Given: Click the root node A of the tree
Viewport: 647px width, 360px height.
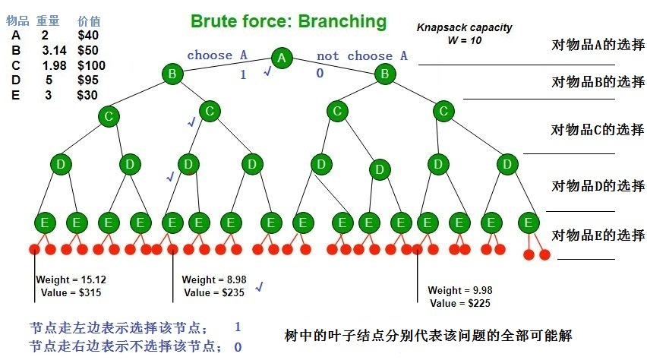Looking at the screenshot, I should [282, 58].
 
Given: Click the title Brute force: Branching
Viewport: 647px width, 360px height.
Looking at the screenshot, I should [288, 21].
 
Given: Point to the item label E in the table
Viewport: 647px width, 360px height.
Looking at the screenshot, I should [16, 95].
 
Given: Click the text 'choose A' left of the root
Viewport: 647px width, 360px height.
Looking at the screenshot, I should [217, 55].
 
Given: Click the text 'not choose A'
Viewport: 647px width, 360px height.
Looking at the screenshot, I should [361, 55].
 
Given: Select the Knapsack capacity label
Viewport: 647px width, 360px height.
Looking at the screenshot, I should [464, 27].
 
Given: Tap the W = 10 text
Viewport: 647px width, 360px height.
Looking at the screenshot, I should [464, 40].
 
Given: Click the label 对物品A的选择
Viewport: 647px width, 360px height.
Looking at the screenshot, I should [597, 46].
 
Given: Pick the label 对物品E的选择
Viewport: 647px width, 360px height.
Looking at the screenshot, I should [597, 235].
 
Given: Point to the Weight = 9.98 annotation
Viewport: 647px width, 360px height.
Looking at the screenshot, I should [459, 291].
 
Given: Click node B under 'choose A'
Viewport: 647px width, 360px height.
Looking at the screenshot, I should [172, 74].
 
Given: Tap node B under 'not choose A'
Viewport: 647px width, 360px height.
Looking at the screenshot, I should [385, 74].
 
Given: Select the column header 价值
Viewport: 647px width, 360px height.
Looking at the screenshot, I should [89, 21].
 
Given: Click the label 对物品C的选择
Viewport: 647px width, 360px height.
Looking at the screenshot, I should [597, 130].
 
